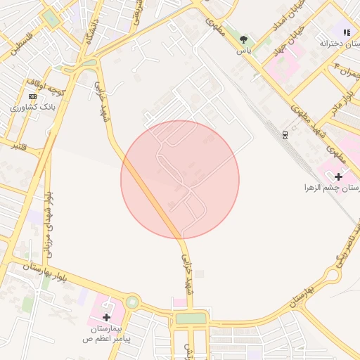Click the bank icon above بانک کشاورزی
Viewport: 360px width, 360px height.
(x=32, y=96)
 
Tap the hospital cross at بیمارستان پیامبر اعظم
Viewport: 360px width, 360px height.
(x=107, y=317)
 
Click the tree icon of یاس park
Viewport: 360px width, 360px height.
(x=243, y=39)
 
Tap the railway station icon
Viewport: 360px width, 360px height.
(x=285, y=134)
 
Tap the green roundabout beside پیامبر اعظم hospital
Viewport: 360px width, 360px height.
(x=131, y=303)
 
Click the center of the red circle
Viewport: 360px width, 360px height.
(x=180, y=179)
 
